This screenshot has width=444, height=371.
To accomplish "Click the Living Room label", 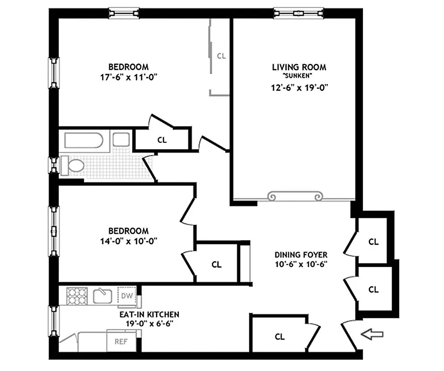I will (299, 67).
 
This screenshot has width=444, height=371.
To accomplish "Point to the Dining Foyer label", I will (301, 255).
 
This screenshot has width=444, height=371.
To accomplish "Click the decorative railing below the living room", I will (295, 197).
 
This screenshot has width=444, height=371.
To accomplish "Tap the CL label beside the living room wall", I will (221, 56).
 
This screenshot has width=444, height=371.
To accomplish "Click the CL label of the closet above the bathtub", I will (162, 140).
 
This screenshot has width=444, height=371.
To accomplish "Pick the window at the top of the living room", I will (298, 13).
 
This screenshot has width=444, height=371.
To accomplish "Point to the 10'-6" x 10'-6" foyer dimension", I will (301, 264).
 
